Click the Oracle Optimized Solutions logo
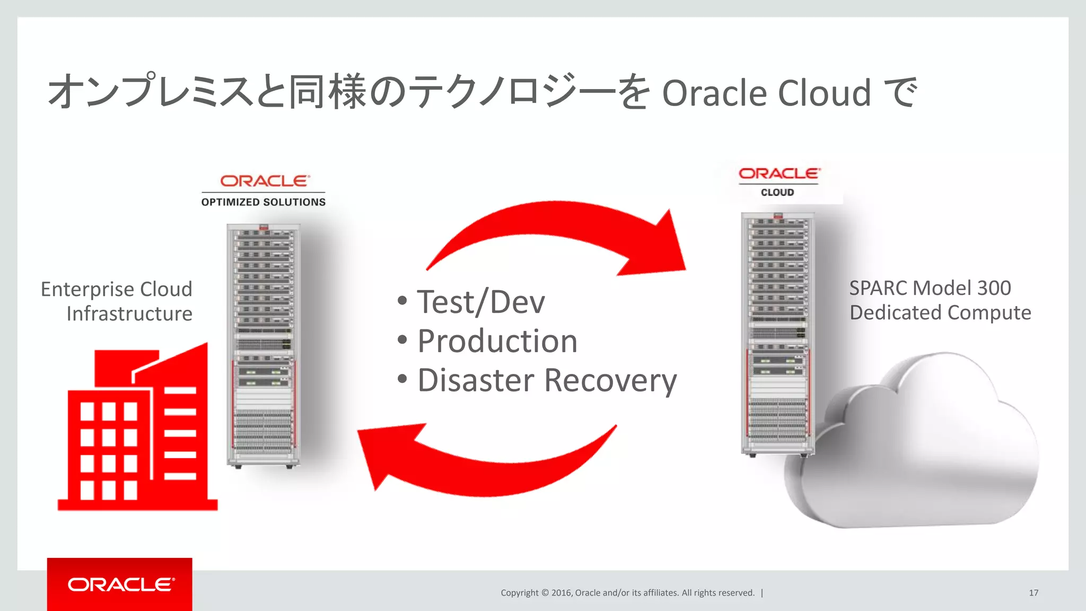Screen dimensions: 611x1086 (264, 190)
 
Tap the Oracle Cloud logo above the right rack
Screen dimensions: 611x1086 (778, 181)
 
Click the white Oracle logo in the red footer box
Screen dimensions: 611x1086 (121, 584)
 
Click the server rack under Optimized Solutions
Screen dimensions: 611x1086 (264, 345)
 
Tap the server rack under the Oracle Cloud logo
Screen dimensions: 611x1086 (777, 334)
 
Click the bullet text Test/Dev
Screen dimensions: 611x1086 (480, 302)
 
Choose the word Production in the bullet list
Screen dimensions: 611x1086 (497, 341)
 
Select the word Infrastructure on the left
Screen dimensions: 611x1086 (129, 313)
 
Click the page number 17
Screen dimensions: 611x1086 (1034, 592)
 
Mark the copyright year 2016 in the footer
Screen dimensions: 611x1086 (561, 592)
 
